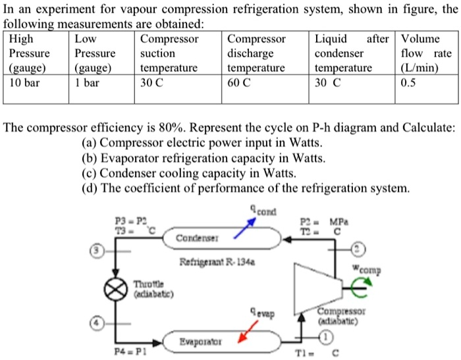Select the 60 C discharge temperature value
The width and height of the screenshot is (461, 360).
point(240,84)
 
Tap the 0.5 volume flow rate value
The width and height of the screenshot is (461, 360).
point(409,84)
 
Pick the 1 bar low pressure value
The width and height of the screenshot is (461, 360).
point(86,84)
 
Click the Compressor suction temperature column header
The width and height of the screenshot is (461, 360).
point(169,53)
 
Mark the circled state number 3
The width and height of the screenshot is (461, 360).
point(97,251)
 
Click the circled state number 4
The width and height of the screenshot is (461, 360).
point(97,324)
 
